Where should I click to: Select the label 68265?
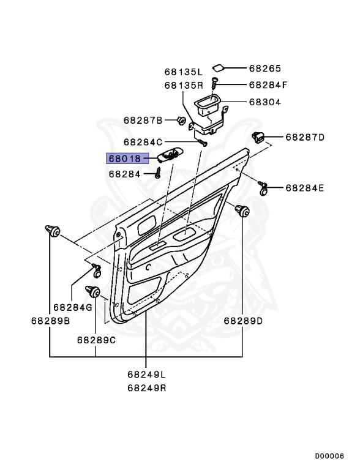point(265,69)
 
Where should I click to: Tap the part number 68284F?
point(268,85)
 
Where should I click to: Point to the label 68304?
point(265,102)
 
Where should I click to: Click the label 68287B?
point(143,121)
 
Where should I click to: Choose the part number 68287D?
point(305,138)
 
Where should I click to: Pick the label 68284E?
point(305,188)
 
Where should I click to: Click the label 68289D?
point(243,321)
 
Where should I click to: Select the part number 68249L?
point(147,375)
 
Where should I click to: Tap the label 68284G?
point(73,307)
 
